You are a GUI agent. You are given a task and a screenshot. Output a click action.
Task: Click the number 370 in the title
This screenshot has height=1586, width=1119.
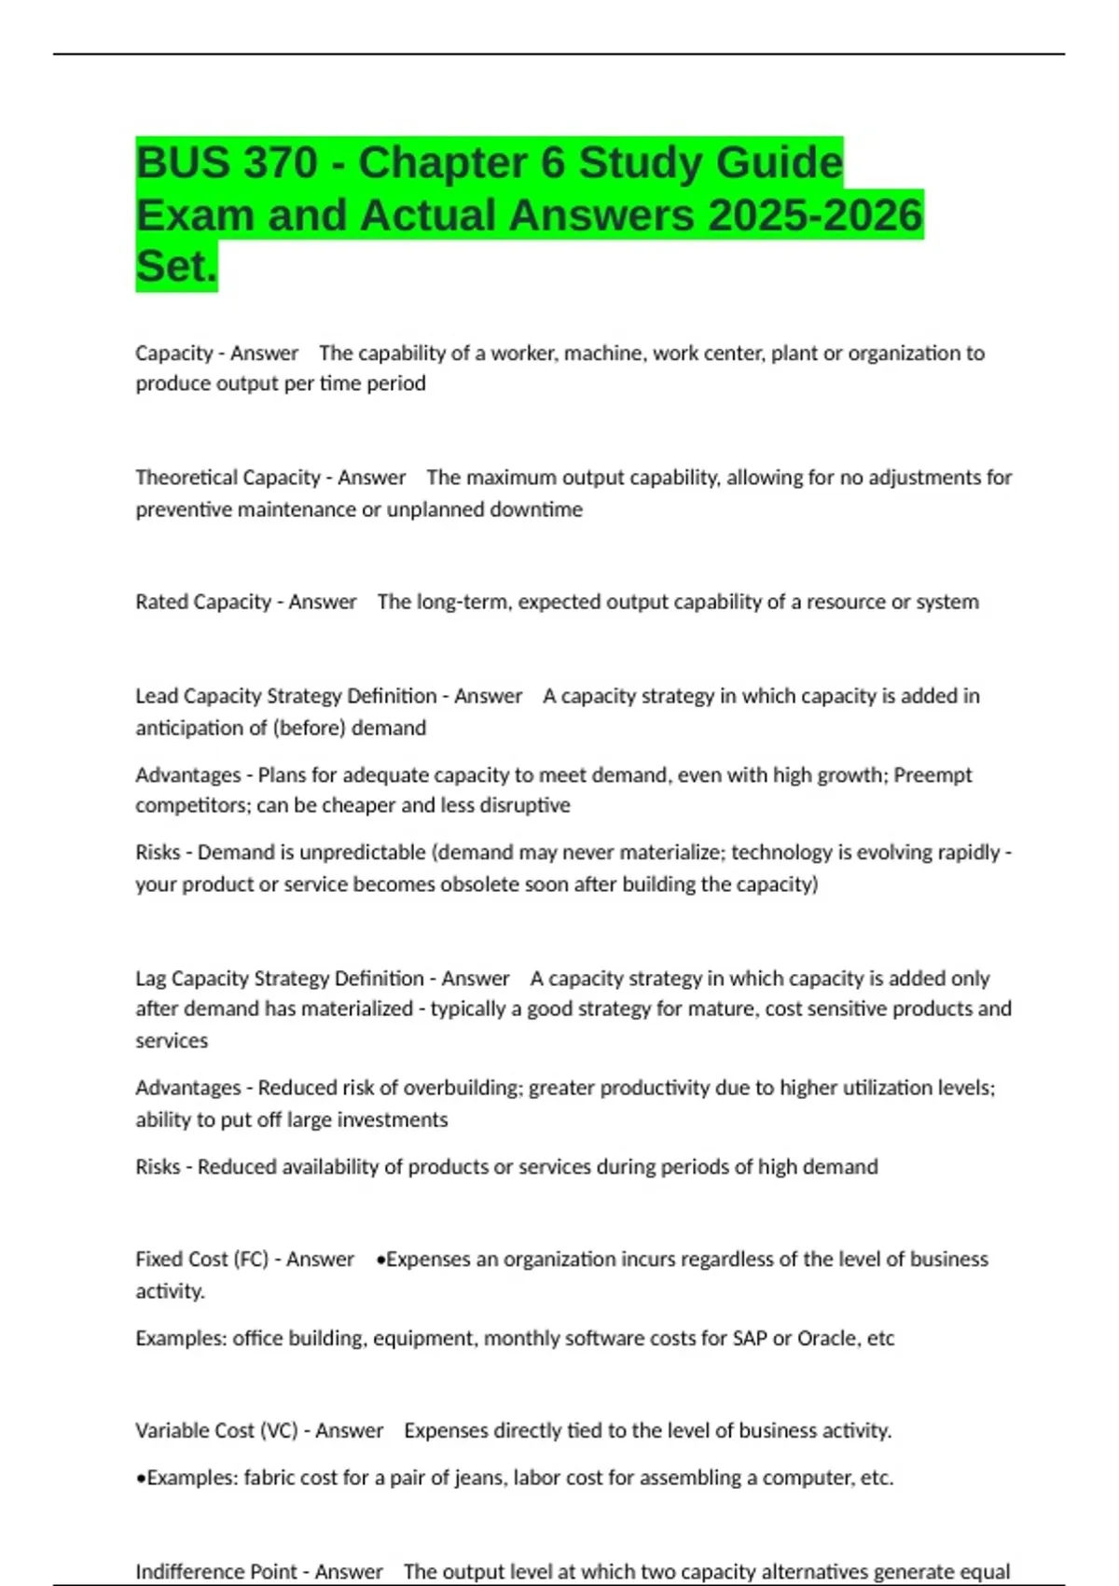[x=279, y=162]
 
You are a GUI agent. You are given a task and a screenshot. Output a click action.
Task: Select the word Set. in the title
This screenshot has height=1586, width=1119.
[x=176, y=266]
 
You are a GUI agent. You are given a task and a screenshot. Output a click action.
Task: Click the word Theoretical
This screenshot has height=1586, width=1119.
[x=182, y=478]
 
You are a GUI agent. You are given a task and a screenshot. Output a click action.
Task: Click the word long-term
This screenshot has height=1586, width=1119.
[x=463, y=602]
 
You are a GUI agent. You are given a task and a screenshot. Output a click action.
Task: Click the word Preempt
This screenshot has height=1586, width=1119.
[x=932, y=775]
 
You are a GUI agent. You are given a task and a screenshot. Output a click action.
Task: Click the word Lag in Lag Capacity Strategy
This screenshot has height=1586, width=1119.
[x=151, y=979]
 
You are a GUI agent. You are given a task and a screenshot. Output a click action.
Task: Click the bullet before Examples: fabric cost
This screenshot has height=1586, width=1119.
[x=141, y=1478]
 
